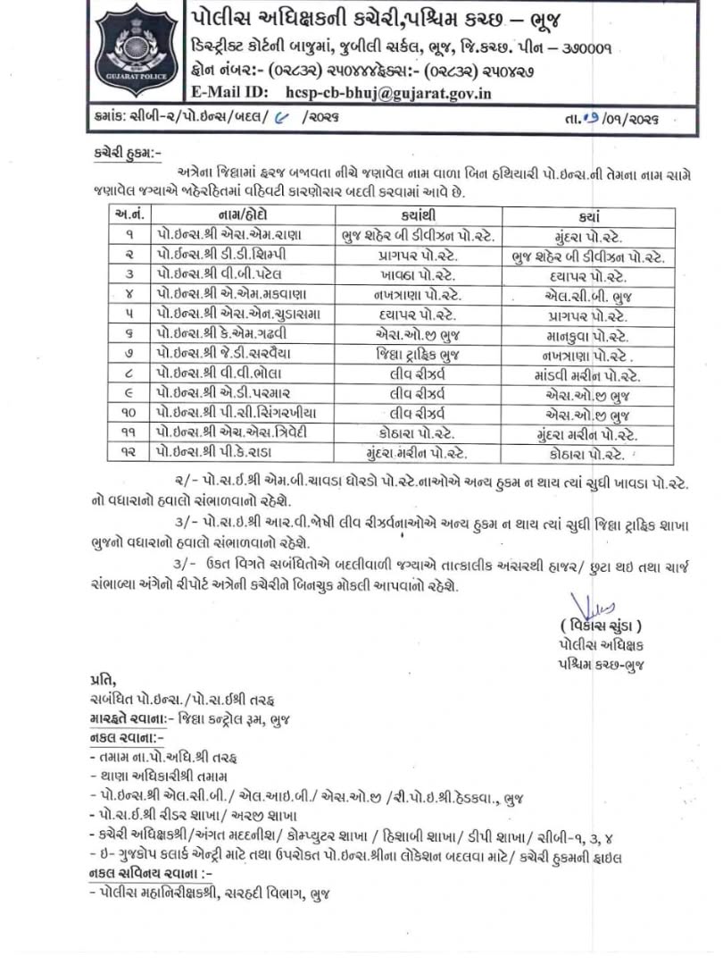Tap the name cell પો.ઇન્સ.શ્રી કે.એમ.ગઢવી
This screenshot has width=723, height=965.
click(223, 335)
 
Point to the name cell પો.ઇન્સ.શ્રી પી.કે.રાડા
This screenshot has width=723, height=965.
click(221, 454)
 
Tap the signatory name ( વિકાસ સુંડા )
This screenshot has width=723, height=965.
click(601, 627)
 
